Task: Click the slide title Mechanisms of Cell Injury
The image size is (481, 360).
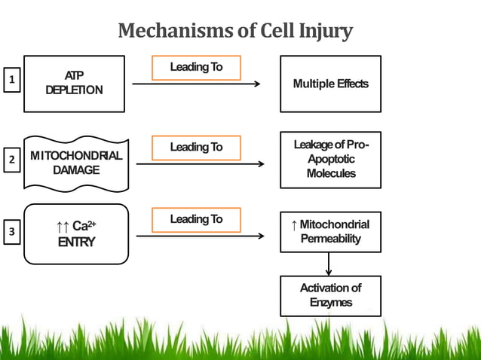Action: [x=235, y=32]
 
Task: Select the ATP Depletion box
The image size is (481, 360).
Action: [x=74, y=84]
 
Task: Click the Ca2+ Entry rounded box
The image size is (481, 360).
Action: [x=75, y=233]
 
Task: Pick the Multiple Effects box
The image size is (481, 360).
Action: [x=330, y=84]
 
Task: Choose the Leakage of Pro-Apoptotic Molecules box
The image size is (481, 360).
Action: [x=330, y=160]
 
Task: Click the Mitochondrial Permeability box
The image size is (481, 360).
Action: [x=330, y=231]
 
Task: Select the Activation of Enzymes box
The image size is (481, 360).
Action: [x=330, y=295]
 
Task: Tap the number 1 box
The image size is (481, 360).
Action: [x=11, y=79]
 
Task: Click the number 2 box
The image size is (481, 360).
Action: [x=11, y=160]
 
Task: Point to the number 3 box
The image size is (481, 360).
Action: [x=11, y=233]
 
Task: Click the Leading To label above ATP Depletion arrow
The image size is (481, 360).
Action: [x=196, y=67]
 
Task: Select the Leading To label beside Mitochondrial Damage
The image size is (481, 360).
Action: [x=196, y=147]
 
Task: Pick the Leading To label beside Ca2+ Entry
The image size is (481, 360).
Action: [x=196, y=219]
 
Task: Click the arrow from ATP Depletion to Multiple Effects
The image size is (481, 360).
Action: [x=196, y=84]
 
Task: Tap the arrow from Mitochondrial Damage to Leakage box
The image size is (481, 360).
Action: [x=200, y=164]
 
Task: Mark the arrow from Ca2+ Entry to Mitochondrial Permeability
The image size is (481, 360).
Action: [x=200, y=236]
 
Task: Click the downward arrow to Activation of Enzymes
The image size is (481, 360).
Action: [x=329, y=264]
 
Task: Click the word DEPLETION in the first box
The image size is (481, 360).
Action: [x=74, y=90]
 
